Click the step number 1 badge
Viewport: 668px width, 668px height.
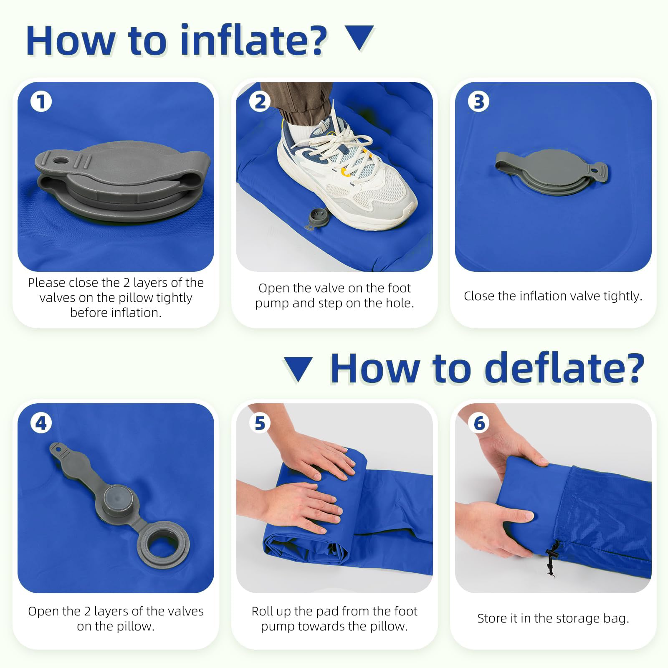click(x=41, y=101)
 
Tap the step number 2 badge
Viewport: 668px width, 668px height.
click(x=260, y=101)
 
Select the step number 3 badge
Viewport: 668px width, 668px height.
click(x=478, y=101)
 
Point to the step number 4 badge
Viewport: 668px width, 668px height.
click(x=41, y=423)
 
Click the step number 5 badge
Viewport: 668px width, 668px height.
click(x=260, y=423)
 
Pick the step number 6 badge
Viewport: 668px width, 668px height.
click(x=478, y=423)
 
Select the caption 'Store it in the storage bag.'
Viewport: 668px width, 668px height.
click(x=553, y=618)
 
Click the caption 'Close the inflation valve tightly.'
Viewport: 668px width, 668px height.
click(x=553, y=296)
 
